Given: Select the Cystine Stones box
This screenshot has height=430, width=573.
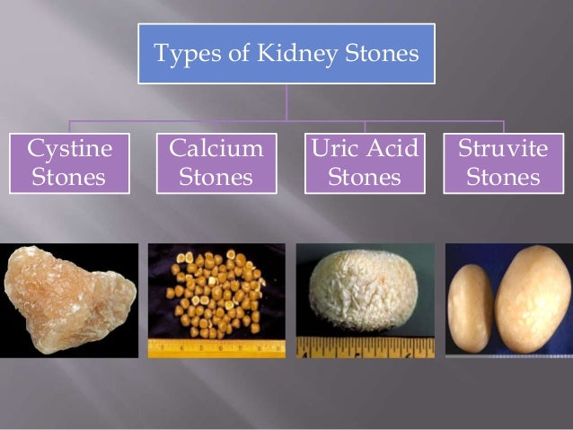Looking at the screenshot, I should (68, 162).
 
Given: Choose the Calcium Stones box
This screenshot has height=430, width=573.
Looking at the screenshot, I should (216, 162).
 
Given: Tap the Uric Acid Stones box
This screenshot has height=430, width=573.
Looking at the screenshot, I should (364, 162).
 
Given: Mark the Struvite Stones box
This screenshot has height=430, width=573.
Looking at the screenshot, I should (502, 162).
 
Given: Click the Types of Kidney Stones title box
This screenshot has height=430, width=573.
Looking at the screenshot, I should (286, 54).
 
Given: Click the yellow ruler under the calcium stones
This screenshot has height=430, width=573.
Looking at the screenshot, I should (216, 347).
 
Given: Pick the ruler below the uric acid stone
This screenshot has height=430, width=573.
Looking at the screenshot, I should (365, 347).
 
